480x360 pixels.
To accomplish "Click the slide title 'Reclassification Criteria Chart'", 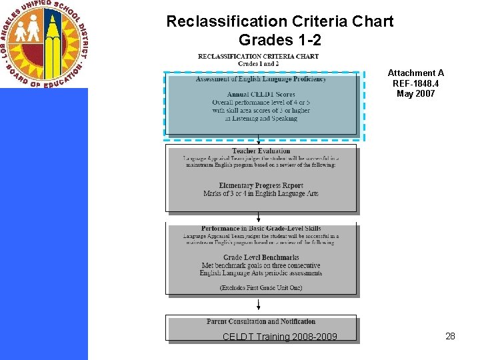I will click(x=279, y=21).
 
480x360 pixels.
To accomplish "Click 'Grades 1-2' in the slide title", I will click(x=279, y=40).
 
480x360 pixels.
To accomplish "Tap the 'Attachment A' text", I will click(x=416, y=73).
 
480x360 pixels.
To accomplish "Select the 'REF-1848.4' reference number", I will click(x=416, y=83).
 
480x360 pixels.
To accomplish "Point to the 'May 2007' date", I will click(x=416, y=93).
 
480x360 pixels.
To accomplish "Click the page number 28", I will click(x=450, y=336).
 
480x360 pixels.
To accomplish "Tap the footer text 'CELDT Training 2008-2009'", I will click(x=280, y=337).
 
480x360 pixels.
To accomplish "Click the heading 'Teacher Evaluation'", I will click(x=261, y=151).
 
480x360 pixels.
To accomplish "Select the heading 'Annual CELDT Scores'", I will click(x=261, y=95).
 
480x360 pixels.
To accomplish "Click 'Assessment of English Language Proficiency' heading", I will click(x=261, y=79).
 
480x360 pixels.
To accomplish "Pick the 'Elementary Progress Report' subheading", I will click(x=261, y=185).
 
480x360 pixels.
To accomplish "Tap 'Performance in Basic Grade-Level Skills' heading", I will click(x=261, y=229).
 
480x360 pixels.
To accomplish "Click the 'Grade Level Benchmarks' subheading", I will click(x=261, y=257).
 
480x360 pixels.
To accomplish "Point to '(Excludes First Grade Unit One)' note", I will click(x=261, y=287).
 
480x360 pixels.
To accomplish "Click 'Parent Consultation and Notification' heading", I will click(x=261, y=321).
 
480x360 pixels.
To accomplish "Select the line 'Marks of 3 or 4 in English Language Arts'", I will click(x=261, y=193).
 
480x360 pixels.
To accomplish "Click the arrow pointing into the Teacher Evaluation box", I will click(x=259, y=141).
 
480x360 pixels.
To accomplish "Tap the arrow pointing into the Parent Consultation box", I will click(x=259, y=305).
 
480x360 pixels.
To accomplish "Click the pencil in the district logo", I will click(x=51, y=40).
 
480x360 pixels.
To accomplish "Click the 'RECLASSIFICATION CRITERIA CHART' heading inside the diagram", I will click(x=259, y=56).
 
